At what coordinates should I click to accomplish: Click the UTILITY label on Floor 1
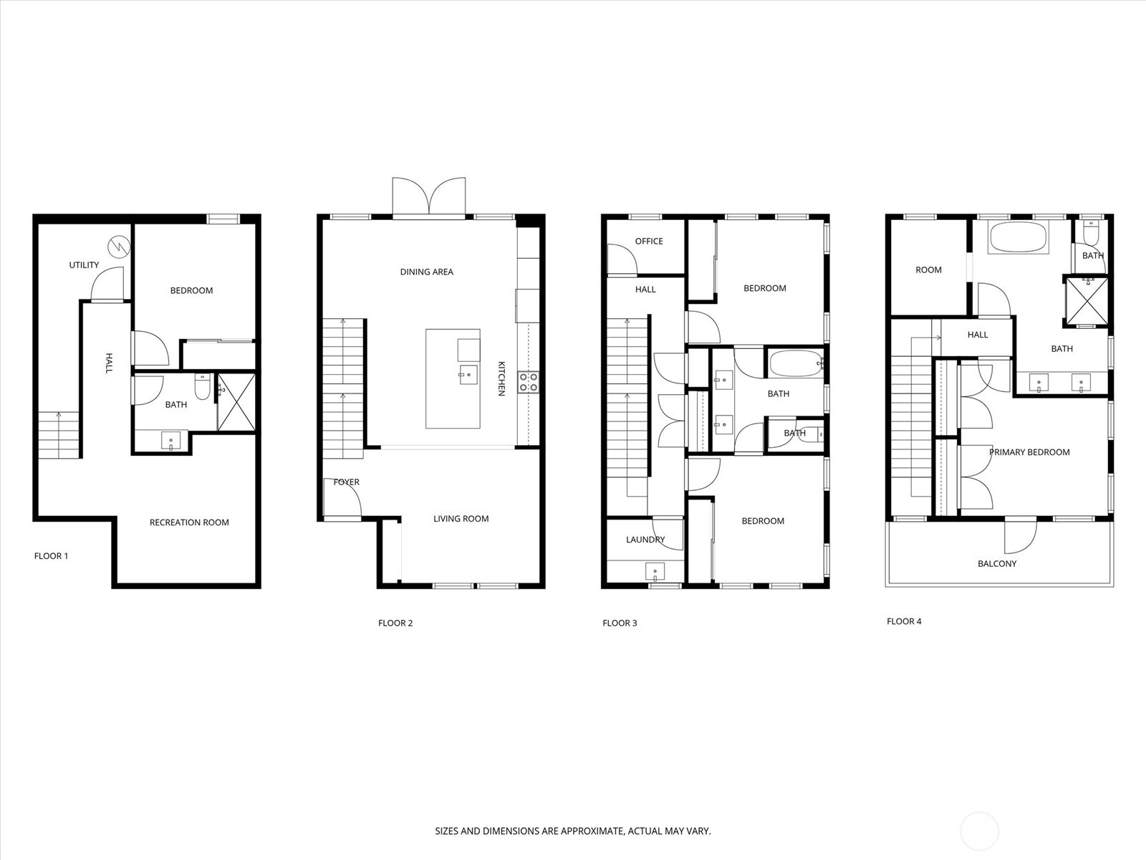(84, 264)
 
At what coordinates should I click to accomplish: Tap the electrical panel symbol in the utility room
(119, 247)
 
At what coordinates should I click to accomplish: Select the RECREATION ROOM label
(189, 522)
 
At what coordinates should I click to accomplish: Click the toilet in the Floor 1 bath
(202, 386)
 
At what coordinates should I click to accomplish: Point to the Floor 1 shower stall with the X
(236, 402)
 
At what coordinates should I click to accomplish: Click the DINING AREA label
(427, 272)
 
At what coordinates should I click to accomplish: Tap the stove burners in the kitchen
(529, 382)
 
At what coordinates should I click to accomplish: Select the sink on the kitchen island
(468, 374)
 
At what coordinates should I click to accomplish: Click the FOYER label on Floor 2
(346, 482)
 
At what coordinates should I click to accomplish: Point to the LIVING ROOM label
(461, 518)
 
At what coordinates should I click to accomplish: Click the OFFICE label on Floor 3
(649, 242)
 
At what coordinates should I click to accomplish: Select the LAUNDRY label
(645, 540)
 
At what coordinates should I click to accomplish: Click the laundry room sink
(655, 572)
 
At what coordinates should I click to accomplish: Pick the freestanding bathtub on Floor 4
(1018, 237)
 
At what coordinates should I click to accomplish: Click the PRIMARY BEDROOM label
(1029, 452)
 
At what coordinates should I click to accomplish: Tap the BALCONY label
(997, 563)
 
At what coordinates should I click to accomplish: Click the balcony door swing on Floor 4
(1020, 536)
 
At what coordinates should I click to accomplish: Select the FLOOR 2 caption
(395, 623)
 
